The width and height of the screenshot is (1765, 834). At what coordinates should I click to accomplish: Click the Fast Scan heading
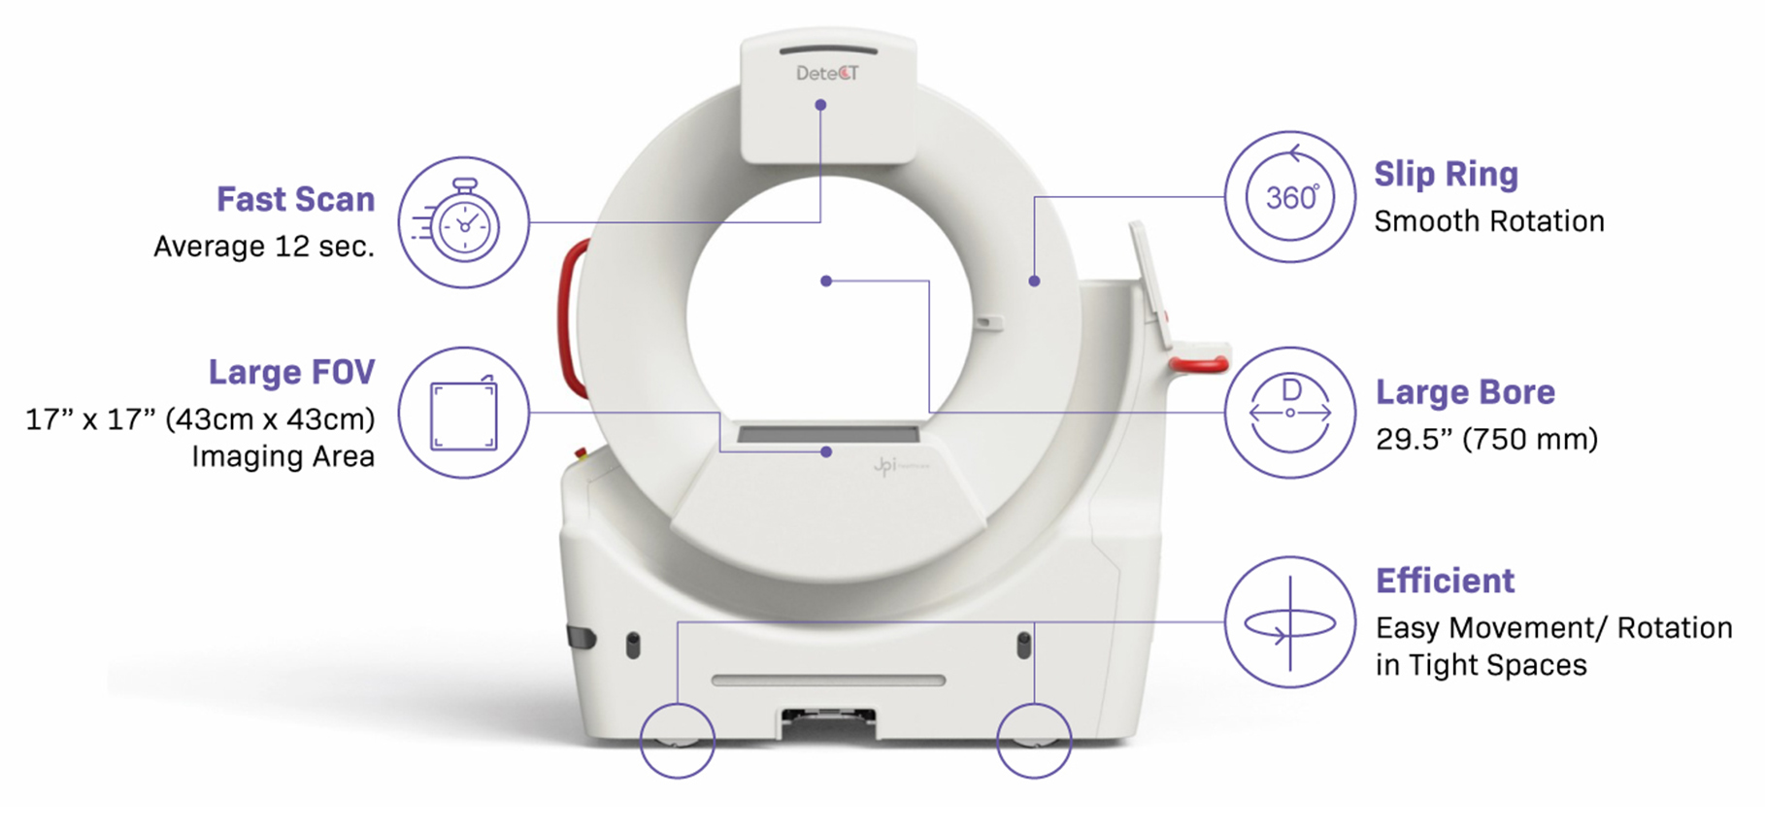coord(295,199)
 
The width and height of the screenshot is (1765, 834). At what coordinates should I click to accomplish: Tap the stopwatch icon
coord(464,222)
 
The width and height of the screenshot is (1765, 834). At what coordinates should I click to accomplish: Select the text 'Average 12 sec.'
coord(264,247)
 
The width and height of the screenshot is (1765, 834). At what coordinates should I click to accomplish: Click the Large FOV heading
coord(291,372)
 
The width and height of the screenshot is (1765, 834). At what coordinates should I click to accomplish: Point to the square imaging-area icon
coord(464,413)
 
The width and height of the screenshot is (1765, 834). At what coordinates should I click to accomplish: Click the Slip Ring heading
coord(1446,174)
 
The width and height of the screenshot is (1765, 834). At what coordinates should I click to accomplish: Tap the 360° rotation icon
coord(1290,197)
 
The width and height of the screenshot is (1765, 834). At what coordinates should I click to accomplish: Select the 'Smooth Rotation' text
coord(1489,221)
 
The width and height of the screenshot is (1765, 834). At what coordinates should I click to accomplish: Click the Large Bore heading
coord(1465,392)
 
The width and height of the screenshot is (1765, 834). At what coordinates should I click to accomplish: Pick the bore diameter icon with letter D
coord(1290,413)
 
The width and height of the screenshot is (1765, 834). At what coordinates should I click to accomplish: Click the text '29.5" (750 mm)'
coord(1486,439)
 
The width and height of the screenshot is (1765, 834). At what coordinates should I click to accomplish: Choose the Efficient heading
coord(1445,581)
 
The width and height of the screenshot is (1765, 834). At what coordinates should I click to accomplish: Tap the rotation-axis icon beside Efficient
coord(1290,622)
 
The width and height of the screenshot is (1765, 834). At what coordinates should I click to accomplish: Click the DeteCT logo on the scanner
coord(827,73)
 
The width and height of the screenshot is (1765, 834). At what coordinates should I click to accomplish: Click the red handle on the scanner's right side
coord(1199,364)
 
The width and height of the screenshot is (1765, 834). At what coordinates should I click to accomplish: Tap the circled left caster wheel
coord(678,741)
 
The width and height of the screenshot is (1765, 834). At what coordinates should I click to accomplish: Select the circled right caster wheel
coord(1034,741)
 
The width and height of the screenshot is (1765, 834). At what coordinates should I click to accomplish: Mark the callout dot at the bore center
coord(826,282)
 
